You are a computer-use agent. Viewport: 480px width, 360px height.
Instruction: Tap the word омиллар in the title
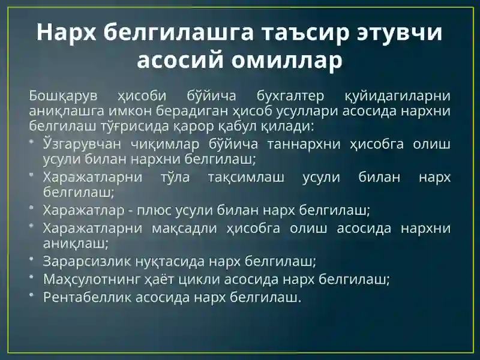point(287,60)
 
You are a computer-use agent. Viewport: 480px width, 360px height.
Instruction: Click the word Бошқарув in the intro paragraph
point(63,96)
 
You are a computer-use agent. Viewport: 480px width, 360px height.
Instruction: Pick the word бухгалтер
point(290,96)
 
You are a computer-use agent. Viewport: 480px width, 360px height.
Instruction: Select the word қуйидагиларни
point(398,96)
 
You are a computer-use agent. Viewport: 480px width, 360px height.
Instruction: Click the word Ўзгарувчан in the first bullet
point(82,144)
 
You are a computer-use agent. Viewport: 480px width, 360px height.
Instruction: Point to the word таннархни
point(304,144)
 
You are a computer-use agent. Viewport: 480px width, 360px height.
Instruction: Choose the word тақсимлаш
point(246,177)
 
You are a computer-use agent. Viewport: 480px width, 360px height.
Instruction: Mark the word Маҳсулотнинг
point(92,279)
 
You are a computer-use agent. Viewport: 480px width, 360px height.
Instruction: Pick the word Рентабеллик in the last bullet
point(87,297)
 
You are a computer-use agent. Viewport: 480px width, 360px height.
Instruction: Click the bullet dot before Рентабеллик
point(31,295)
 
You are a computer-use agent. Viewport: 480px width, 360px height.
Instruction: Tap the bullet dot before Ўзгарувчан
point(31,142)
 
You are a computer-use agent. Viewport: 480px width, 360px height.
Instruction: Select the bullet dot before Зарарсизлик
point(31,259)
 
